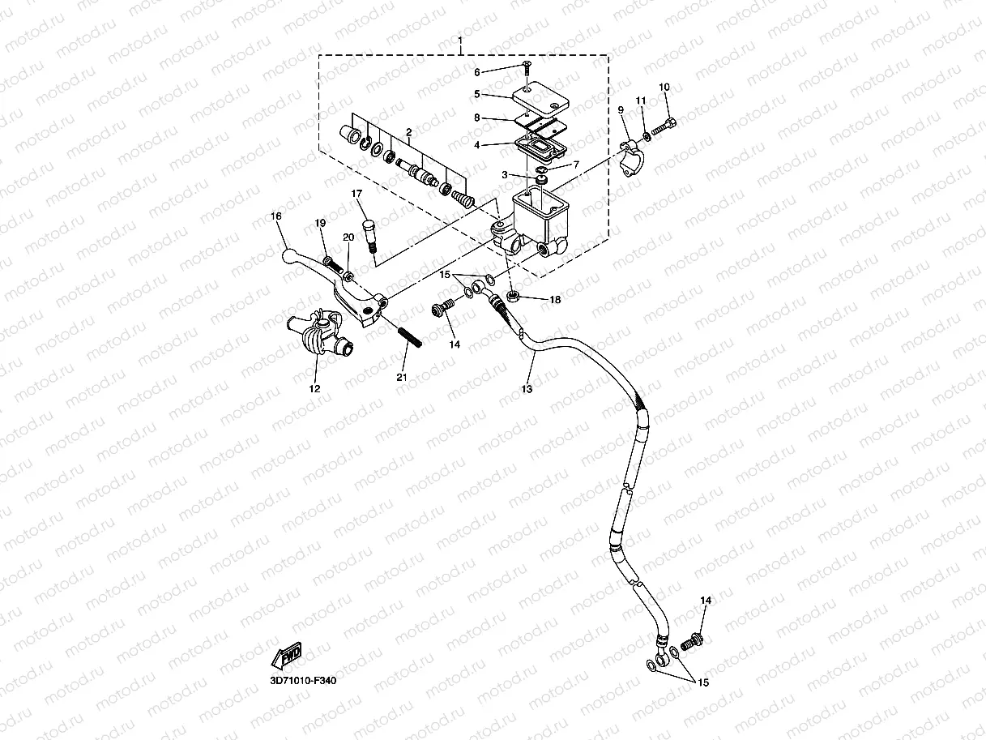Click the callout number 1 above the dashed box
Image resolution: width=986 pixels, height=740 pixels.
pos(460,41)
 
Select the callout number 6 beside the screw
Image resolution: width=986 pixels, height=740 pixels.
pos(477,72)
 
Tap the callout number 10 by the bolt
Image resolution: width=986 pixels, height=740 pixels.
pos(664,87)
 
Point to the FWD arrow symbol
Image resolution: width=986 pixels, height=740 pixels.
pos(288,655)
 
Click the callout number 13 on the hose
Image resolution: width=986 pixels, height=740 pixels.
pos(527,389)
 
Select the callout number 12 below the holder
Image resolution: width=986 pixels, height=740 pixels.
pos(315,389)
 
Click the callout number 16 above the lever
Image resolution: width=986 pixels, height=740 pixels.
pos(275,216)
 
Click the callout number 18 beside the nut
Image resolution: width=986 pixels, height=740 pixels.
pos(555,300)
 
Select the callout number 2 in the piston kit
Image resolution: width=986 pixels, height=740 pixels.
pos(409,131)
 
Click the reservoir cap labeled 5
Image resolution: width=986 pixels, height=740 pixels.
pos(540,104)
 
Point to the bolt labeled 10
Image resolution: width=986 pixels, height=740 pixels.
pos(664,126)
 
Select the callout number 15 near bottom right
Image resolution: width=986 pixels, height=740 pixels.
pos(702,682)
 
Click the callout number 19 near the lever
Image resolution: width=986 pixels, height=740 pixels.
pos(320,223)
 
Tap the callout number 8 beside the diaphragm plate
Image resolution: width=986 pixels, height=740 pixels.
pos(477,118)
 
